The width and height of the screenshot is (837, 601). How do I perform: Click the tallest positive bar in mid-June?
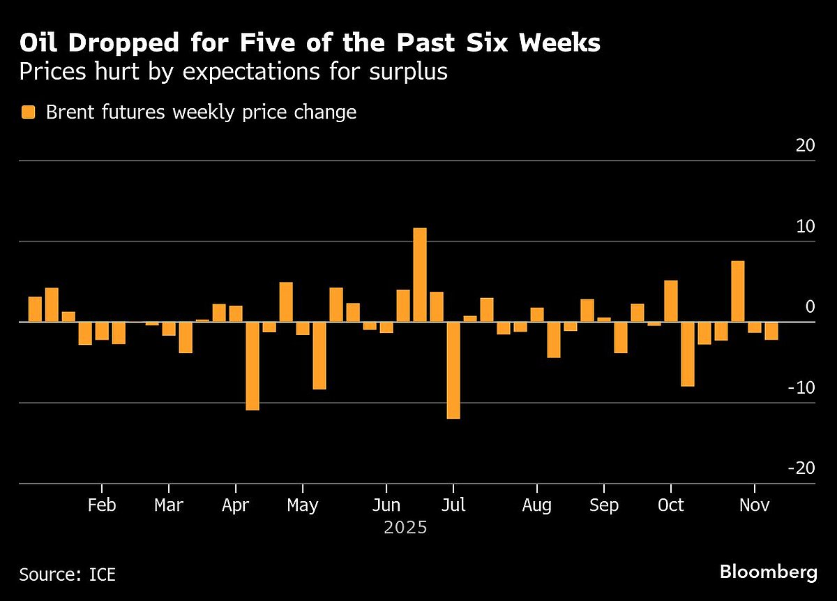(420, 275)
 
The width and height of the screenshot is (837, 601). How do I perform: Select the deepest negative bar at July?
(453, 370)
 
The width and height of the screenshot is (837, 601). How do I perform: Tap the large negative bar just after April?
(252, 366)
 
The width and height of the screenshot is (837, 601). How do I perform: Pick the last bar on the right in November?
(771, 330)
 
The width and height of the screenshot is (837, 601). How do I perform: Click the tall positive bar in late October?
(737, 291)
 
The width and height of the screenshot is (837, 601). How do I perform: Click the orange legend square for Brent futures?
(28, 112)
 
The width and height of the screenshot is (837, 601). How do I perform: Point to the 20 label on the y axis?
(805, 146)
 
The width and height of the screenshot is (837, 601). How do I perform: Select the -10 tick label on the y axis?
(801, 387)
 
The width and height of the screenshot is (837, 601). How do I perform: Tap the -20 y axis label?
(801, 468)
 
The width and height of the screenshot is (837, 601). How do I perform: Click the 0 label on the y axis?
(810, 307)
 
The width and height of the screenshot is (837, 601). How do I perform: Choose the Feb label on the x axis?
(102, 505)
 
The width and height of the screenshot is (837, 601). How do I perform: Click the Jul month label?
(453, 505)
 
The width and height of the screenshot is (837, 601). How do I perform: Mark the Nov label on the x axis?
(754, 505)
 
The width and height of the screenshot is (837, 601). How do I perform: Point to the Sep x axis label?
(603, 505)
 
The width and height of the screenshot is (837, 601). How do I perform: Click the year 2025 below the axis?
(405, 528)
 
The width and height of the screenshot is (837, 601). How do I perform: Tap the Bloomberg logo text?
(768, 573)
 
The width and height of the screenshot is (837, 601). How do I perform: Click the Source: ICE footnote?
(67, 574)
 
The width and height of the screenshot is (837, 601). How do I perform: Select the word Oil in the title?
(38, 43)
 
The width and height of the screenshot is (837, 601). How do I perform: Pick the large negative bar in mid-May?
(319, 355)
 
